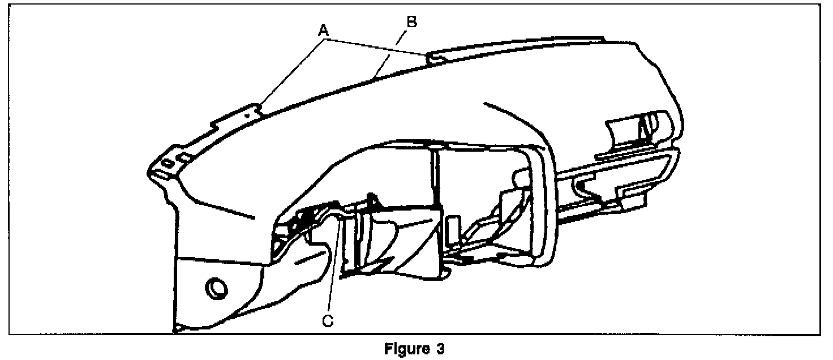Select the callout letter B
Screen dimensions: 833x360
[412, 23]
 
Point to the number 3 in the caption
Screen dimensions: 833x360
[440, 349]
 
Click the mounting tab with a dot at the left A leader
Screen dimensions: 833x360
[247, 113]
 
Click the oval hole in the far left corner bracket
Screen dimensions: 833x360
[167, 162]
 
